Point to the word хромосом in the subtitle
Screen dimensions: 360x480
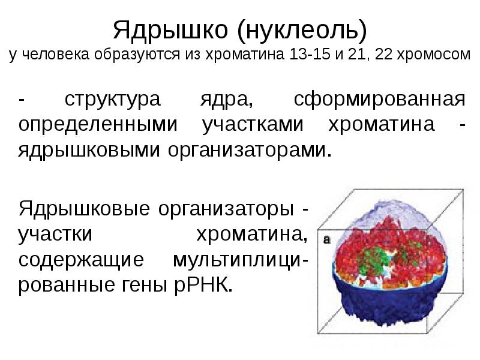[436, 56]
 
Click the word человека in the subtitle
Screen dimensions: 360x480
[55, 56]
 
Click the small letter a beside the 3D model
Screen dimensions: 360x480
[326, 239]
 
